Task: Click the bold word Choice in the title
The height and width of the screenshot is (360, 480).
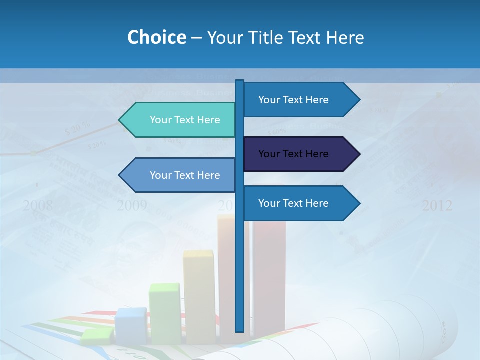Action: (156, 37)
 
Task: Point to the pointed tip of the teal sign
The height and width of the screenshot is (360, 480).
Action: (120, 120)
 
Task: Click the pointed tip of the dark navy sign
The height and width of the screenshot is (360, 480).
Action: (358, 154)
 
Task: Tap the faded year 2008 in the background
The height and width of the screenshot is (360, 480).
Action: (37, 205)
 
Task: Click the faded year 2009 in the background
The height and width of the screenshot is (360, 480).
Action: (132, 205)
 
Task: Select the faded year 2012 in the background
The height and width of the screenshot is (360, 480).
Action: (437, 205)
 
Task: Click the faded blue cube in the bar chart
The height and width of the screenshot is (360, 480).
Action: (130, 325)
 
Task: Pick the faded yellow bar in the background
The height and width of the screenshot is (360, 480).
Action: (198, 295)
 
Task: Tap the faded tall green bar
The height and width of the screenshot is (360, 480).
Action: (165, 312)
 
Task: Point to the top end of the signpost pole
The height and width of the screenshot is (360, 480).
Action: (240, 81)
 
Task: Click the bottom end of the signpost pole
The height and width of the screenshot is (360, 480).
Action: (240, 330)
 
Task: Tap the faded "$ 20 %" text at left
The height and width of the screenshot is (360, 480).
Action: (77, 128)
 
